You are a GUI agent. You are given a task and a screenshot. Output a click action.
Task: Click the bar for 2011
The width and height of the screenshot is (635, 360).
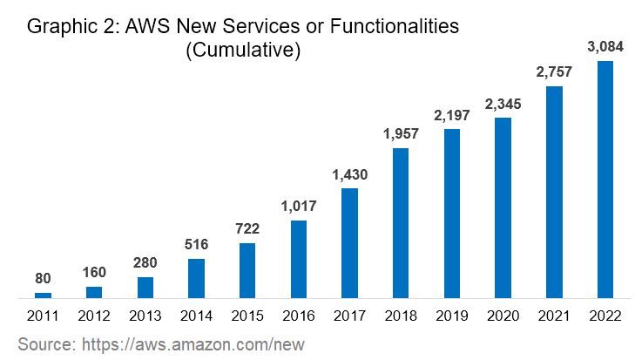click(x=42, y=295)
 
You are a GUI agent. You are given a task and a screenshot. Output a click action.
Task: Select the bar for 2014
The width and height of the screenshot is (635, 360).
click(x=196, y=279)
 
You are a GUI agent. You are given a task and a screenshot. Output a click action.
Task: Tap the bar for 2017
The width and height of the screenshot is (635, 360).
click(x=349, y=243)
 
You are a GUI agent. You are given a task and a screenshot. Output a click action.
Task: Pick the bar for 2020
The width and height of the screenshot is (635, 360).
click(x=503, y=207)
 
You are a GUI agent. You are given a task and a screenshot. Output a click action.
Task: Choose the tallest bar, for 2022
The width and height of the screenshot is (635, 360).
click(x=605, y=180)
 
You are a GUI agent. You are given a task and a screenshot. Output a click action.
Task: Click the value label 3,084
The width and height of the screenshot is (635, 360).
click(x=605, y=45)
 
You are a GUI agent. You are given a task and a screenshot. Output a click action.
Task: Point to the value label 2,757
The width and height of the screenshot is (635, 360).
click(x=553, y=71)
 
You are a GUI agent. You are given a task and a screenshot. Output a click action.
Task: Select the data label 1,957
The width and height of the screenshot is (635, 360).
click(x=401, y=133)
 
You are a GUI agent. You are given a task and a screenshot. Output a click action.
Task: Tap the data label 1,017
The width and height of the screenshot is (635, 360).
click(x=298, y=206)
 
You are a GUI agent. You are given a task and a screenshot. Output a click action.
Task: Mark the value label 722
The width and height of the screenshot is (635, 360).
click(x=247, y=228)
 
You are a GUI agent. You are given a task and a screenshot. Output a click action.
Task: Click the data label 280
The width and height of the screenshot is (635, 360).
click(x=145, y=262)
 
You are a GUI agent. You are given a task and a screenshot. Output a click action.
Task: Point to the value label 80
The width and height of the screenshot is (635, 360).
click(x=42, y=278)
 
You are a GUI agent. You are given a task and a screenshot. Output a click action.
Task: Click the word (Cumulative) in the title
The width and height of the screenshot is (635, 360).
click(x=243, y=51)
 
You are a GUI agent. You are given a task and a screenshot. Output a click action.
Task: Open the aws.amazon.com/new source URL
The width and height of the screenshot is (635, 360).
click(x=191, y=343)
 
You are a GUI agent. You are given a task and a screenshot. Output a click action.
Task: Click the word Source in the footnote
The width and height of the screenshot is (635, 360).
click(x=44, y=343)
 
